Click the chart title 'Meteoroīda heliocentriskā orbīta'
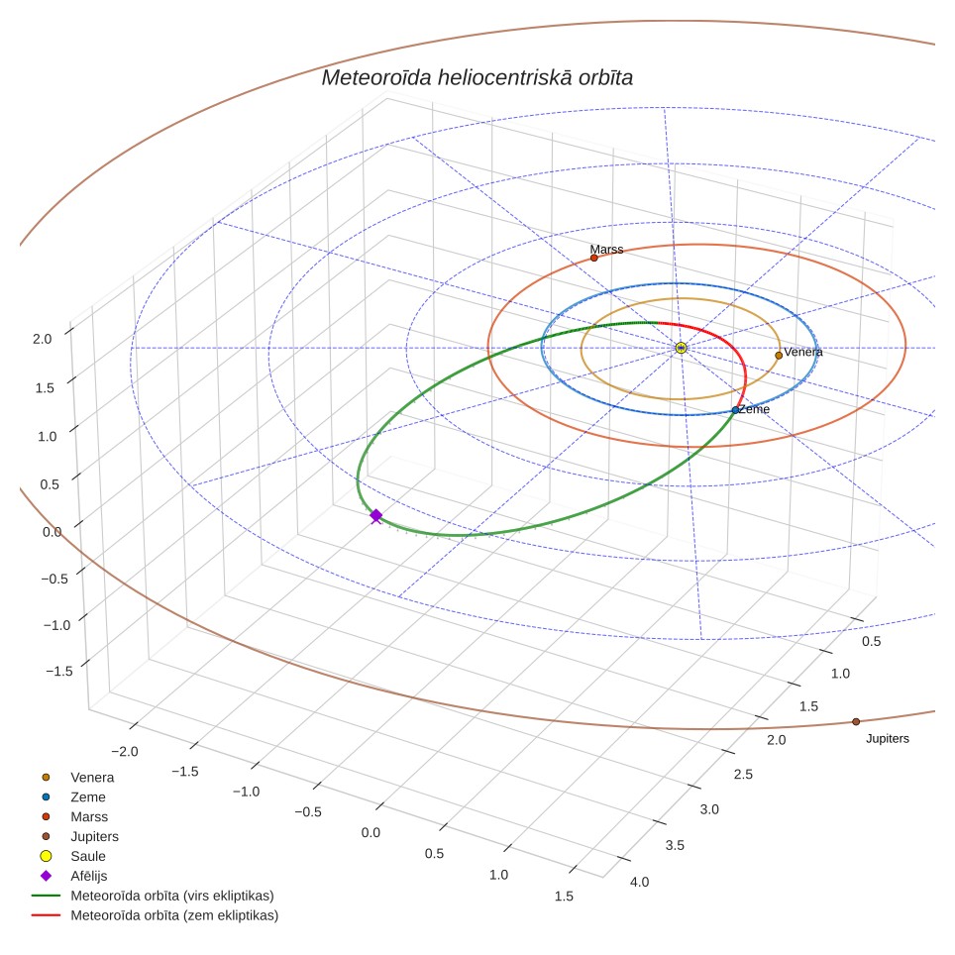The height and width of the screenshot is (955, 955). coord(477,78)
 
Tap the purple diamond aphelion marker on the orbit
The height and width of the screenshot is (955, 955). coord(376,516)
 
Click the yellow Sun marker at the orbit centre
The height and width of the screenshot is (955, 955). coord(681,348)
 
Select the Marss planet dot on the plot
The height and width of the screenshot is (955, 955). coord(594,258)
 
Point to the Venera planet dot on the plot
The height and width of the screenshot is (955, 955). coord(779,355)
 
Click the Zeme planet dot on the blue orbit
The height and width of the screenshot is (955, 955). coord(735,410)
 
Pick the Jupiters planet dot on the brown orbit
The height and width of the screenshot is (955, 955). coord(856,722)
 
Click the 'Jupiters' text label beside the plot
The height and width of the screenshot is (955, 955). coord(888,739)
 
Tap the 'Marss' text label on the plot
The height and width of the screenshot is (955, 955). coord(606,249)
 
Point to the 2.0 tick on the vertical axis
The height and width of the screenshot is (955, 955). coord(42,339)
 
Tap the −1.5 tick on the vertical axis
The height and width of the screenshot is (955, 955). coord(59,672)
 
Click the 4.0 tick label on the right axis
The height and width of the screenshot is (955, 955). coord(640,882)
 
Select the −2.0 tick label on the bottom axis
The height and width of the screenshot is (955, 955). coord(124,752)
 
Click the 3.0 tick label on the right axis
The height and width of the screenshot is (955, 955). coord(709,809)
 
